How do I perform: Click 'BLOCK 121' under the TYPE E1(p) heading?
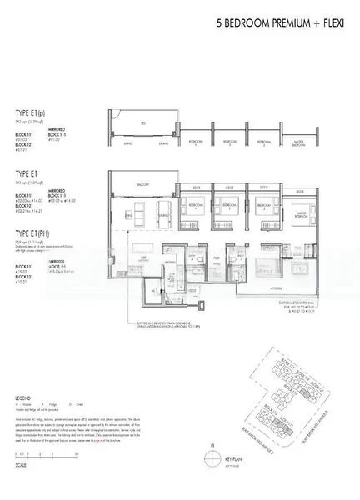27,142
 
